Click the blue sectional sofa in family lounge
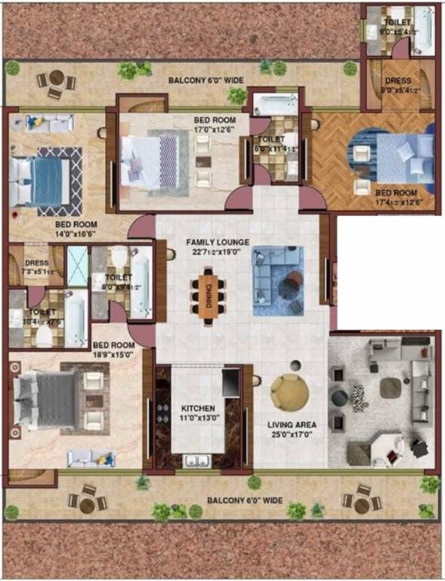tap(276, 280)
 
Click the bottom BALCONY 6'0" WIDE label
tap(245, 500)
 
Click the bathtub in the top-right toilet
tap(423, 29)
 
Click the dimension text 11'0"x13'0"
tap(197, 417)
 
